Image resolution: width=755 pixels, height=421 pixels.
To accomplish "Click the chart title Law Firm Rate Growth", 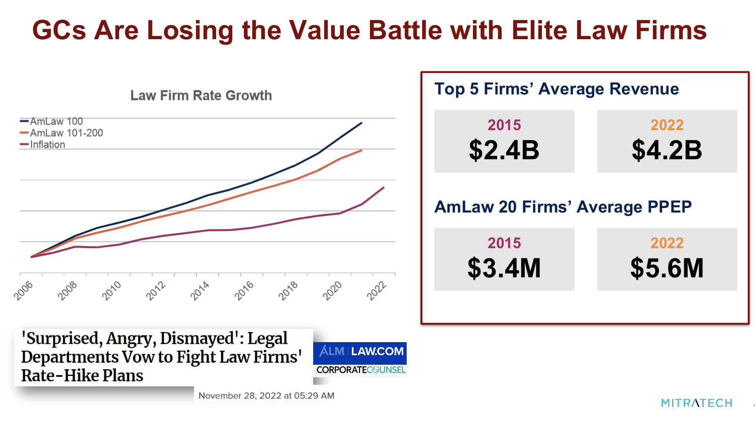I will click(x=201, y=95).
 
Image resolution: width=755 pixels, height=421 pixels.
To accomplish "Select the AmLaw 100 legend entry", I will click(x=56, y=122).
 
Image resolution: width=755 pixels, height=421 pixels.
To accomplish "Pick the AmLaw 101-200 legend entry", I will click(x=66, y=133).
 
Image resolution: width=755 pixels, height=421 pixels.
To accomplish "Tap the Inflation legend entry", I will click(x=47, y=145).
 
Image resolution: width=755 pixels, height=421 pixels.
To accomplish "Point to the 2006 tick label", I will click(x=24, y=291).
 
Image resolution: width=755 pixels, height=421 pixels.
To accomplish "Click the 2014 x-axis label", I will click(x=200, y=291).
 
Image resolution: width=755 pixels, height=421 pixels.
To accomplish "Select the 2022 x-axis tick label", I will click(x=376, y=291).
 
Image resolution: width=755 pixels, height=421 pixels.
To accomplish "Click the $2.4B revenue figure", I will click(x=504, y=150).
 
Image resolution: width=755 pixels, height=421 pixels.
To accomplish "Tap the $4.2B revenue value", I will click(x=667, y=150).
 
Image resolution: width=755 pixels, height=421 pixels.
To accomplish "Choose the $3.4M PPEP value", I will click(x=504, y=268).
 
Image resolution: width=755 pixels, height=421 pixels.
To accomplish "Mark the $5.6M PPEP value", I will click(x=667, y=268).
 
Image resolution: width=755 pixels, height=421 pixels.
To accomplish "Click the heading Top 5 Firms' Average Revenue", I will click(x=556, y=89).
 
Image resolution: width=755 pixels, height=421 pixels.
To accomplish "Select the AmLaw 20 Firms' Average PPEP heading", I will click(x=563, y=207).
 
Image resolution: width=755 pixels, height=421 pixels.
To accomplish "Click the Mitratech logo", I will click(x=696, y=403).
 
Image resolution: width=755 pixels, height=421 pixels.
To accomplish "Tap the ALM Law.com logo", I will click(x=360, y=352).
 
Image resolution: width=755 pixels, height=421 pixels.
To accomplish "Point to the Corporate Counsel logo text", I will click(x=360, y=370).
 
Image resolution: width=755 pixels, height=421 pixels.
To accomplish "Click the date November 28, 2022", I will click(x=266, y=396).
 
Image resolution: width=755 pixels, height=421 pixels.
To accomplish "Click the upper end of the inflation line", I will click(x=384, y=187).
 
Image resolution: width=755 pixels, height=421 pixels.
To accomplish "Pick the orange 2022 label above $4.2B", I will click(x=667, y=125).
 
